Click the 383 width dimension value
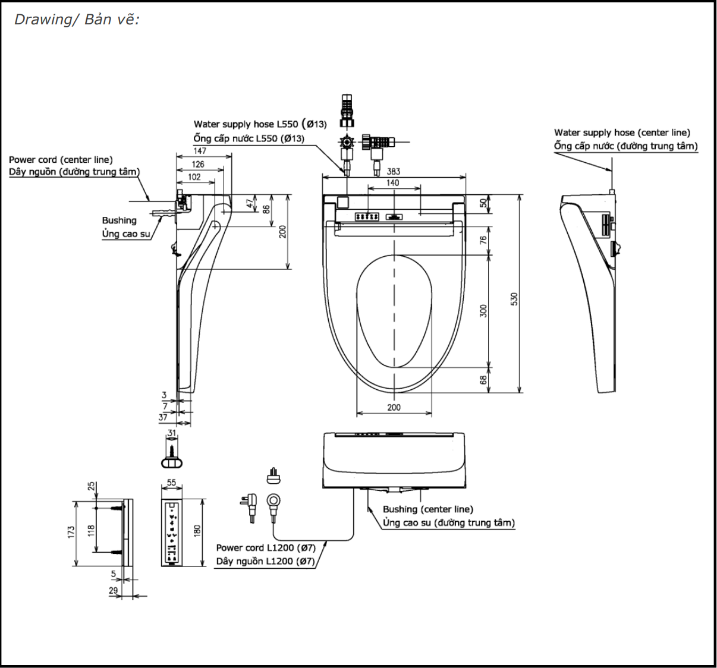(x=394, y=171)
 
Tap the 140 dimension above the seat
(x=393, y=182)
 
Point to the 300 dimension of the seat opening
(x=483, y=310)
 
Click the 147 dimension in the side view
(x=200, y=151)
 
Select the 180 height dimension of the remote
(x=197, y=530)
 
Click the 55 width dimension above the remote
(x=172, y=483)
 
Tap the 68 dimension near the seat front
(x=483, y=379)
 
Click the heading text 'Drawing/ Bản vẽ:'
(x=76, y=20)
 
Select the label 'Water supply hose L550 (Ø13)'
(x=260, y=124)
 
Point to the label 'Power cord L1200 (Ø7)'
(x=265, y=547)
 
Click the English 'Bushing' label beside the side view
(x=119, y=220)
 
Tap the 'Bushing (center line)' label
(x=427, y=509)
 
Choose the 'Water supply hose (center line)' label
(x=622, y=133)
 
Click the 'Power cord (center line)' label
(x=61, y=159)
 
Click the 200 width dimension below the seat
(x=394, y=407)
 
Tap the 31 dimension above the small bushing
(x=172, y=433)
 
